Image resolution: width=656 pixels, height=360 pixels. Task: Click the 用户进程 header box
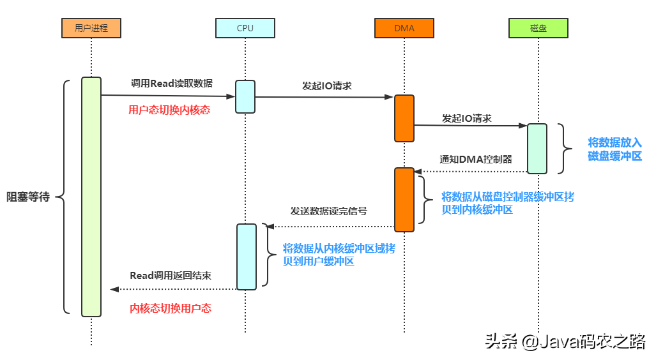pos(91,27)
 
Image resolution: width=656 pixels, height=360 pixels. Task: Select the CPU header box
pos(245,27)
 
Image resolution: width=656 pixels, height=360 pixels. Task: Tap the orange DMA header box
pos(404,27)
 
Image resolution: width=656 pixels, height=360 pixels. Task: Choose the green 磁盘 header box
pos(537,27)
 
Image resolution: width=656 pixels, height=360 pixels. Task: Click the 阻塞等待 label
pos(28,197)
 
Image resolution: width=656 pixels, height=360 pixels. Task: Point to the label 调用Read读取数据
pos(172,83)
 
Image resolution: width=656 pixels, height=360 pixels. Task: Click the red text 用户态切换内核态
pos(169,110)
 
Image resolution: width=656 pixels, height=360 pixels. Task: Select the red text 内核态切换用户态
pos(171,308)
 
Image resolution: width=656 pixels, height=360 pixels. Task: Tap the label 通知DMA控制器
pos(475,159)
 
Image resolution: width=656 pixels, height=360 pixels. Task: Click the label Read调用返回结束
pos(171,276)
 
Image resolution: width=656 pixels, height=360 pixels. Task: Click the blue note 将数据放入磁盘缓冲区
pos(614,149)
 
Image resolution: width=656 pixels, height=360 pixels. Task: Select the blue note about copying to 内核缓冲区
pos(508,202)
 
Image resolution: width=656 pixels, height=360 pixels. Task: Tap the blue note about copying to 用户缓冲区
pos(339,255)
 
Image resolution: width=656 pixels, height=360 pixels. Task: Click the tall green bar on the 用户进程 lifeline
pos(91,197)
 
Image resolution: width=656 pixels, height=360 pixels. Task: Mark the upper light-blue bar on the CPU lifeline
pos(245,96)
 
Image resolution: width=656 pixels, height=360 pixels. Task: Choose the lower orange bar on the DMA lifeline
pos(404,199)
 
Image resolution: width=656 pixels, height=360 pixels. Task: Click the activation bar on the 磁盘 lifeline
pos(537,148)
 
